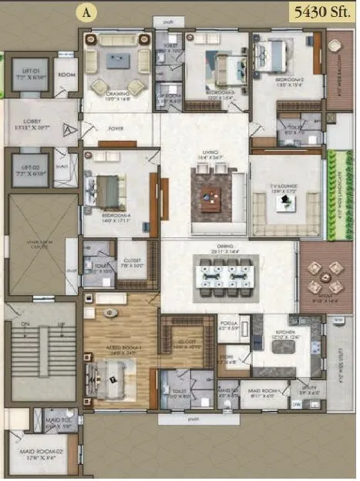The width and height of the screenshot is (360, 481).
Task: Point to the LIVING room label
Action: [x=210, y=154]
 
